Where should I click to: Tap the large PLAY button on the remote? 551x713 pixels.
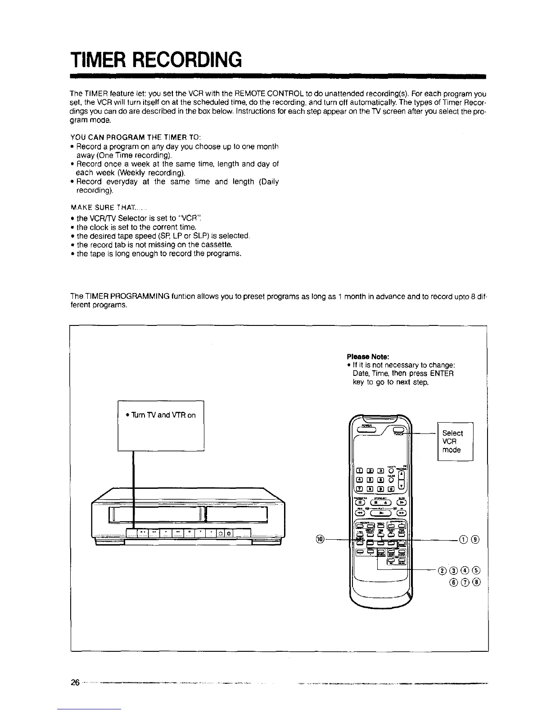coord(381,513)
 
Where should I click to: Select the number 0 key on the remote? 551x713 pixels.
coord(392,489)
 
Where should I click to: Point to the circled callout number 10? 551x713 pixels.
coord(320,539)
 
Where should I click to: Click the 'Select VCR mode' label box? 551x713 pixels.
coord(455,441)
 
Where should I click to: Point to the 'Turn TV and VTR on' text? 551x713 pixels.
coord(161,415)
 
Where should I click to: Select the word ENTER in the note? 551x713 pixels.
coord(442,374)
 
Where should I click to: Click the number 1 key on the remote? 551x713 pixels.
coord(360,471)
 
